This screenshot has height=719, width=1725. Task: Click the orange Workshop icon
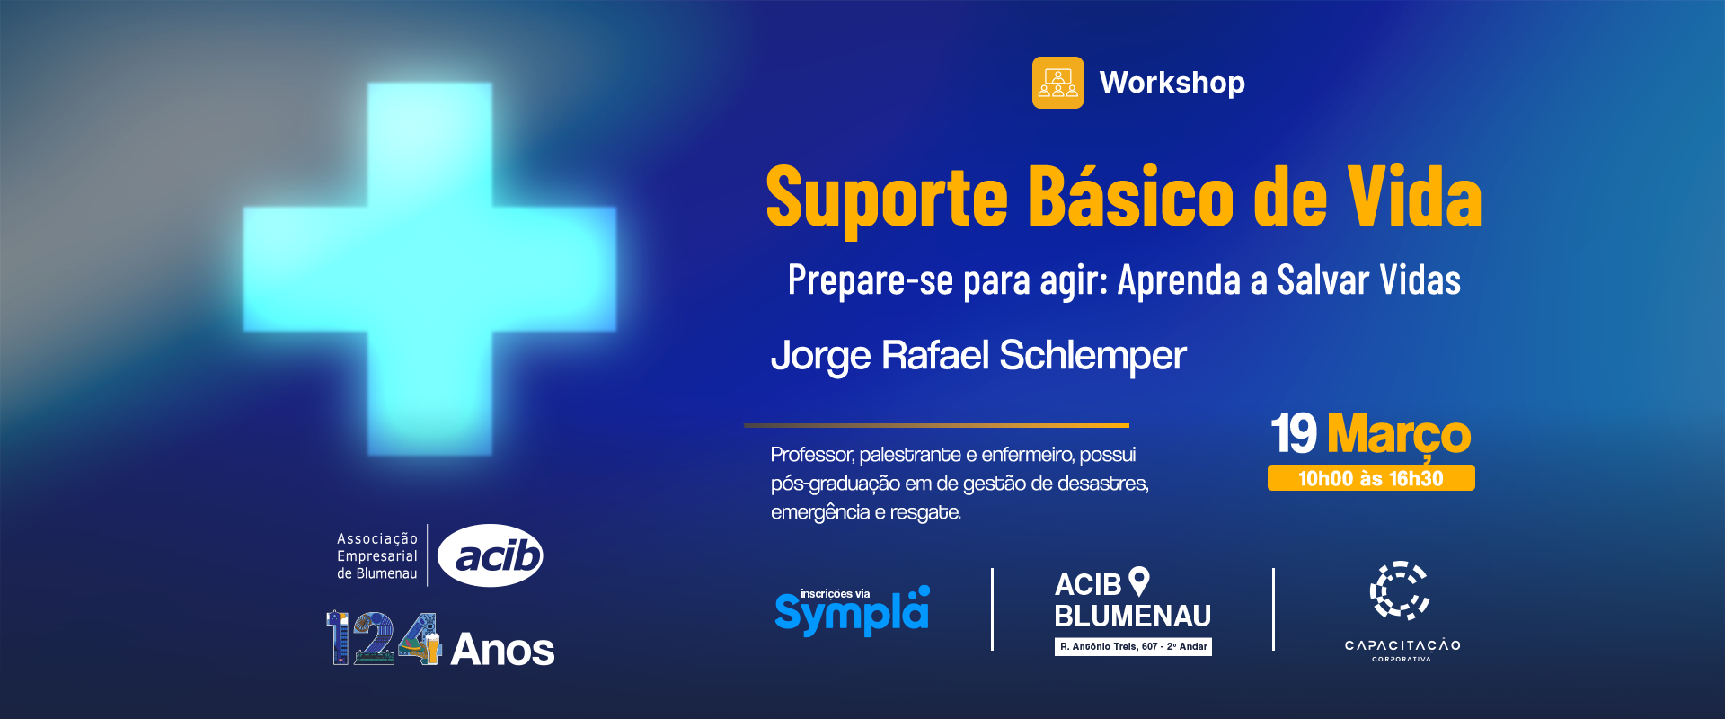1057,83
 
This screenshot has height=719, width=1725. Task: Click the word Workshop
1172,83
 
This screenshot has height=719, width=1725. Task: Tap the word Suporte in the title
887,198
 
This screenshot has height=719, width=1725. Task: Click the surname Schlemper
1092,357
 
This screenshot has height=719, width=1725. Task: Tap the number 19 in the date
1294,434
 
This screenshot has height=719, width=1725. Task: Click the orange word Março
1399,436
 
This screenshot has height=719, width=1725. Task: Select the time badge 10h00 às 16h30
1371,478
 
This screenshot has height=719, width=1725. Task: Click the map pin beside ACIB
1139,581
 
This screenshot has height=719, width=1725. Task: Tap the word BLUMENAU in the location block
1133,617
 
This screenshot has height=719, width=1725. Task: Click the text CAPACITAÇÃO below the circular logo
1402,645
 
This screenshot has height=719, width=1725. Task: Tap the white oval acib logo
491,555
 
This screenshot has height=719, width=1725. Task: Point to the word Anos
503,649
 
